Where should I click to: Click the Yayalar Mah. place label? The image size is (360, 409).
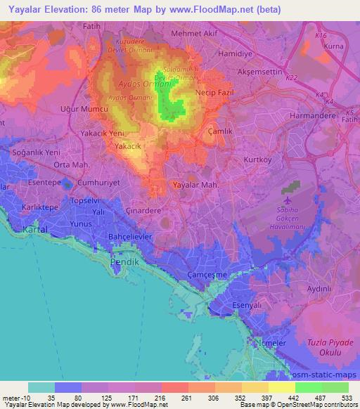pos(195,185)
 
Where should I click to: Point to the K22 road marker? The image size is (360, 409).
pos(292,79)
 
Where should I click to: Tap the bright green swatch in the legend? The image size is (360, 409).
pos(309,387)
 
